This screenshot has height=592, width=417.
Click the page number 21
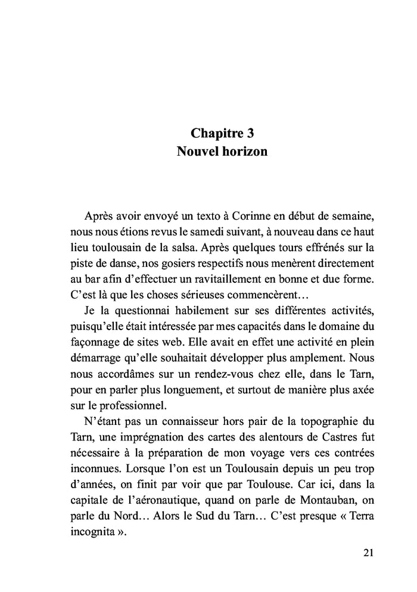pos(368,553)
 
